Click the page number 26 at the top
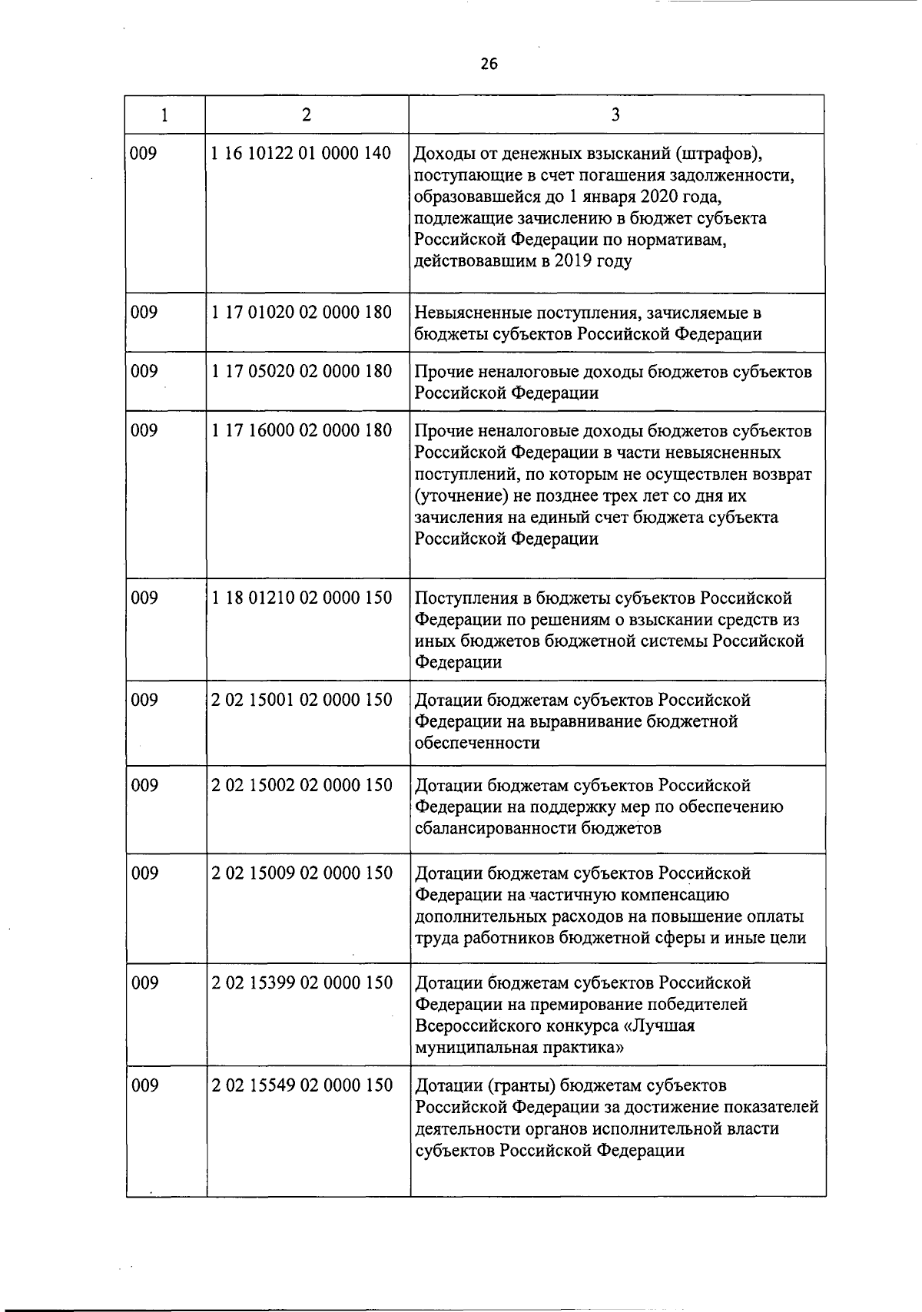(489, 65)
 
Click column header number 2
(307, 115)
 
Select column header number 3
(615, 115)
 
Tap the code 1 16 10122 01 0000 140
(301, 154)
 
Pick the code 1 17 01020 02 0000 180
(301, 313)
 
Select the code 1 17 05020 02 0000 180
(301, 372)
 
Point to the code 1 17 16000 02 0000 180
(301, 431)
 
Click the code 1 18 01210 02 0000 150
(301, 598)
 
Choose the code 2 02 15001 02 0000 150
(301, 700)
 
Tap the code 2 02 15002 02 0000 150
(301, 785)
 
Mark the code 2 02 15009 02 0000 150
(301, 873)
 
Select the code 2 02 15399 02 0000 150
(301, 982)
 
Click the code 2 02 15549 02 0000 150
(301, 1085)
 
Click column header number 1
(165, 115)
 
